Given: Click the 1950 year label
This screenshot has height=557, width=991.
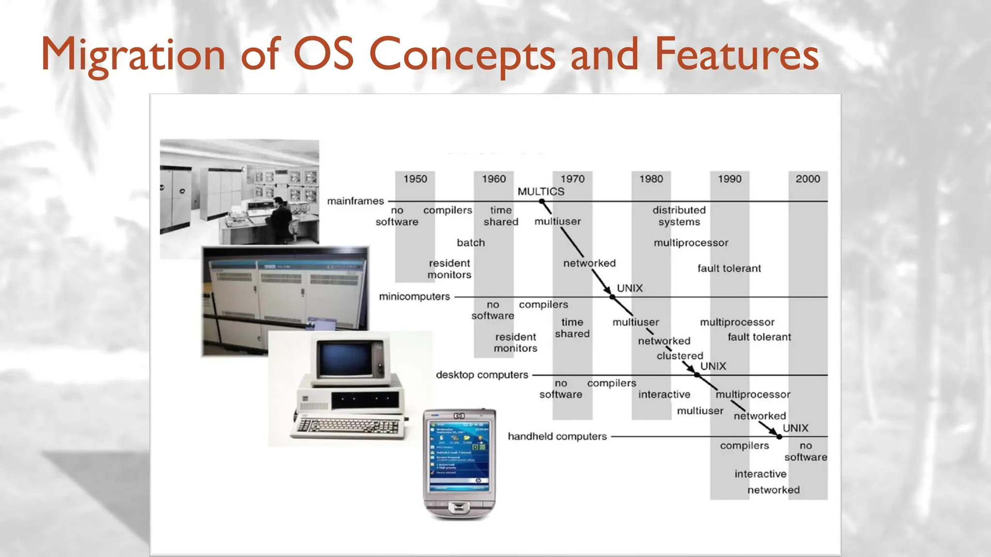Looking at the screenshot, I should [415, 179].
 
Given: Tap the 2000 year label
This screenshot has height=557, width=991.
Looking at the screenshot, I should [808, 179].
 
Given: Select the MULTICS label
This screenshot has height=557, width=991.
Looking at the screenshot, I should [541, 191].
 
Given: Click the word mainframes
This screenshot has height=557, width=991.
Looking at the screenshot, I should [355, 201].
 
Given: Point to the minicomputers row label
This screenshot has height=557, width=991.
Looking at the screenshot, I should [414, 296].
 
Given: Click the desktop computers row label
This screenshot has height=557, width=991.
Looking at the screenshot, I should [482, 375].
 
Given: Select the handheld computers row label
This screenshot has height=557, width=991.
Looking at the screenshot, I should [557, 436].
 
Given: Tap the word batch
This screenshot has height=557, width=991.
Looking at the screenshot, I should [471, 243].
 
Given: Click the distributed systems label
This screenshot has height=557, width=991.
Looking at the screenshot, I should [679, 216].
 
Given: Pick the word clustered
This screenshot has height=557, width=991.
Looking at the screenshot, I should [680, 356].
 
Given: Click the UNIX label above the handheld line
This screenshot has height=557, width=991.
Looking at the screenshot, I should [796, 428].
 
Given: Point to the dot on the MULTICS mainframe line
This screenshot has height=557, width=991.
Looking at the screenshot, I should [542, 201].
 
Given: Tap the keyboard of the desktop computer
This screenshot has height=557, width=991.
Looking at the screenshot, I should [347, 427].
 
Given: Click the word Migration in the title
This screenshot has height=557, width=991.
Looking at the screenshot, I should [133, 54].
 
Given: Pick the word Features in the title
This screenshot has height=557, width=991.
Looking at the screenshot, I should [736, 54].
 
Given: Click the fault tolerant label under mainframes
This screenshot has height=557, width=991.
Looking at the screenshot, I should [729, 268].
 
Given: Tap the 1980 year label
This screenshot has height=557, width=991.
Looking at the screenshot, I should [651, 179].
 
